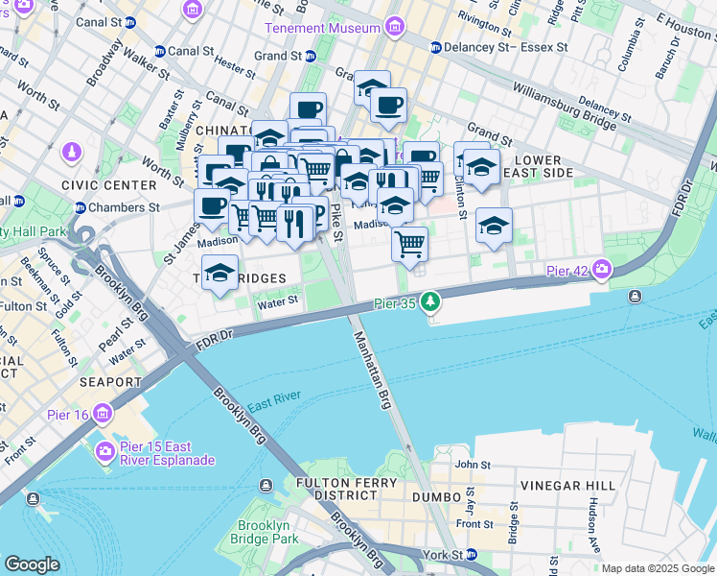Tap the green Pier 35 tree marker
431,302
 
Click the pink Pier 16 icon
102,414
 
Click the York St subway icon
471,555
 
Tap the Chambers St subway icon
80,207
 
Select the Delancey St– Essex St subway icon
435,46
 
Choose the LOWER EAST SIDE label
544,166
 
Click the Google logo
32,564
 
